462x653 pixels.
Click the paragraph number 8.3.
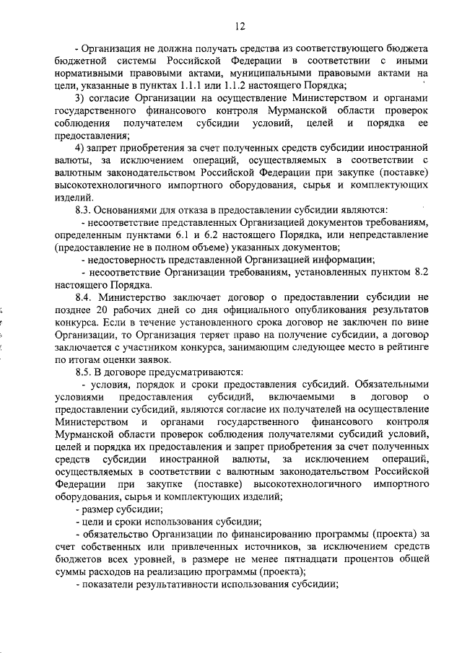pos(87,210)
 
